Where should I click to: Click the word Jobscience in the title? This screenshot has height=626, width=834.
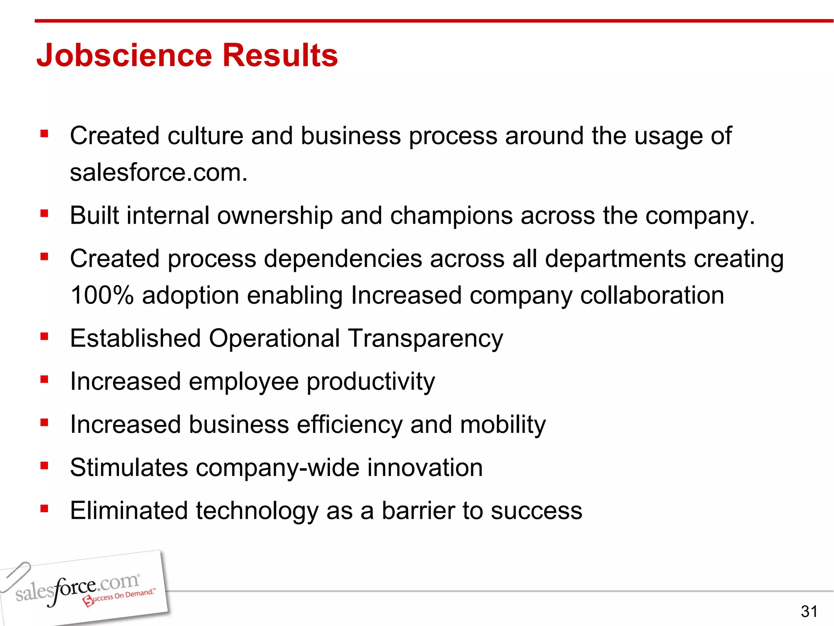[124, 55]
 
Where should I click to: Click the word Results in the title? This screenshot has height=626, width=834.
[280, 55]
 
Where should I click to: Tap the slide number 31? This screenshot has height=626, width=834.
[809, 611]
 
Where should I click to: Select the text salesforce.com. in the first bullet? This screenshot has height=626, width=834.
[159, 173]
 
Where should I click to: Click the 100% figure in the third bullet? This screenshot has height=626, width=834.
[102, 295]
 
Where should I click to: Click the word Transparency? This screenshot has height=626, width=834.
[426, 339]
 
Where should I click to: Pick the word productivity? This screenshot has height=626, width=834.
[371, 382]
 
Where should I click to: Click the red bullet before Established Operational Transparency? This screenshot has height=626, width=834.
[44, 336]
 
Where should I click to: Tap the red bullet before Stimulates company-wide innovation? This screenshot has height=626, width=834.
[44, 465]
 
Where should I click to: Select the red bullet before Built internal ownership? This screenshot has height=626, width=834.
[44, 213]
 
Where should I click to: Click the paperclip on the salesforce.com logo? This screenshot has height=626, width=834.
[15, 576]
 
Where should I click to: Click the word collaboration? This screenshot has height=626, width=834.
[652, 295]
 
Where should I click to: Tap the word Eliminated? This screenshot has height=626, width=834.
[129, 511]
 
